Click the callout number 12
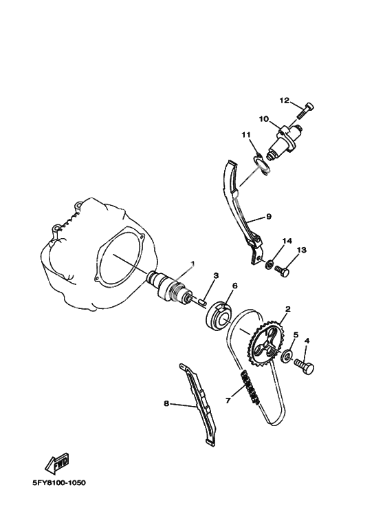click(285, 100)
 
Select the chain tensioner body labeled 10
click(284, 142)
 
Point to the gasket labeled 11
click(262, 164)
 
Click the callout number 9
click(269, 216)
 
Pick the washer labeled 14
click(269, 264)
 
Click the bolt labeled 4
click(305, 366)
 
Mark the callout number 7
click(228, 401)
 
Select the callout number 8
click(166, 403)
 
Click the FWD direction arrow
click(58, 463)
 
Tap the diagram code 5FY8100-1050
click(58, 483)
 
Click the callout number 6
click(234, 286)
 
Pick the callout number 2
click(288, 309)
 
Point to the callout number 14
click(287, 241)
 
